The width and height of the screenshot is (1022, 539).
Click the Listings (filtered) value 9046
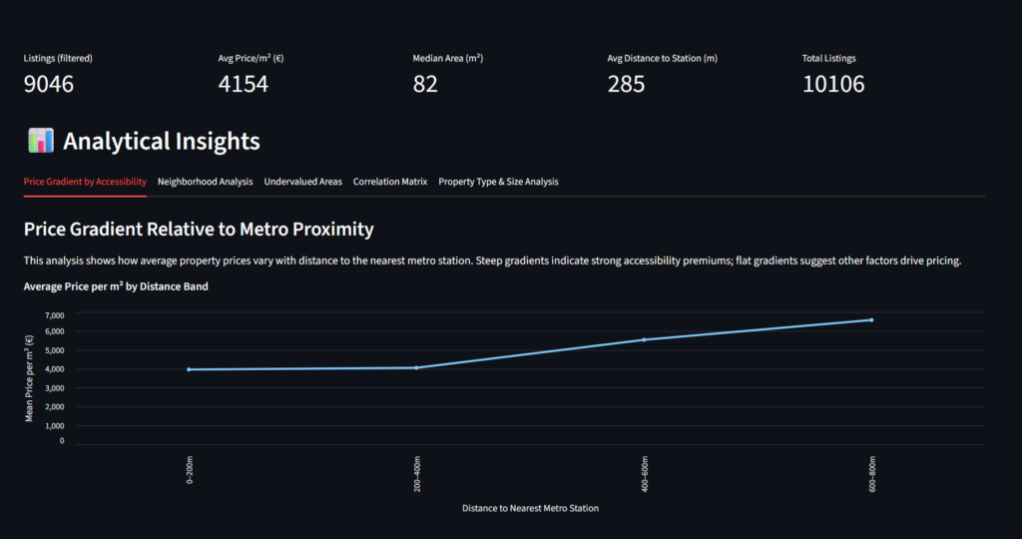point(49,84)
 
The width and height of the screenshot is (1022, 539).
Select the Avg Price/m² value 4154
point(243,84)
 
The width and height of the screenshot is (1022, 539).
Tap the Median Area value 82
point(425,84)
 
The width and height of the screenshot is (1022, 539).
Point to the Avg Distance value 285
point(626,84)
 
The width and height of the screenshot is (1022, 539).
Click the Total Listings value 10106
point(833,84)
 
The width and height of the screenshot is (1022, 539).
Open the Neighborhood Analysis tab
point(205,182)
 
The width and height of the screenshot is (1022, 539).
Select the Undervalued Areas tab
point(302,182)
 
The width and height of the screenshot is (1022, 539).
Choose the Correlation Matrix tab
point(390,182)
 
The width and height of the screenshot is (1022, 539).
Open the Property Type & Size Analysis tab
point(498,182)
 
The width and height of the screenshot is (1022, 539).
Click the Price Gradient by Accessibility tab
point(85,182)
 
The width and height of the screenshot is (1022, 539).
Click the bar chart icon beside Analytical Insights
point(41,141)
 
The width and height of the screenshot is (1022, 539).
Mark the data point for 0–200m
point(189,369)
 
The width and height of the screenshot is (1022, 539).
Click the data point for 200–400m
point(416,367)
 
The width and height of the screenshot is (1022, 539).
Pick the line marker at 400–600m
point(644,339)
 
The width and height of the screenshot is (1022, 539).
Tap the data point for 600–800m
point(871,319)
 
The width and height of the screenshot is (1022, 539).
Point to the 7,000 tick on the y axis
point(54,314)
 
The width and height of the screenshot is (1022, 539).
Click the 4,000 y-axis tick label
point(54,369)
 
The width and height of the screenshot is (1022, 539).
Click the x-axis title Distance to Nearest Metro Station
point(530,508)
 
